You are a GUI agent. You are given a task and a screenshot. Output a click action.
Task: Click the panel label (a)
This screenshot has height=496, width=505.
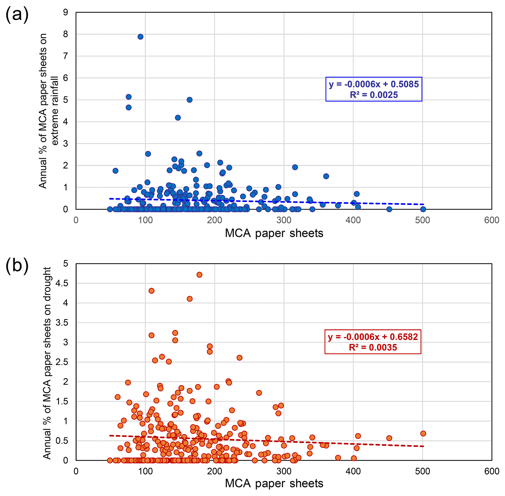tap(17, 15)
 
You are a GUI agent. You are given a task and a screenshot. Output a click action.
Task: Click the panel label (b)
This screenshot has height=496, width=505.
tap(17, 266)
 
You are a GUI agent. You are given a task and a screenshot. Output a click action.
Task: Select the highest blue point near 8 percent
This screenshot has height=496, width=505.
tap(140, 37)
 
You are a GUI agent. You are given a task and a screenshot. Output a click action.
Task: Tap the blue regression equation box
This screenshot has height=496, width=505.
tap(374, 89)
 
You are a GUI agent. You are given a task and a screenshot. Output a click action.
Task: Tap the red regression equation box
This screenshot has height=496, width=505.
tap(373, 342)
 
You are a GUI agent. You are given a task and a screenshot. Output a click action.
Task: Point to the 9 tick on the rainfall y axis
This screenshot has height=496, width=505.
tap(65, 12)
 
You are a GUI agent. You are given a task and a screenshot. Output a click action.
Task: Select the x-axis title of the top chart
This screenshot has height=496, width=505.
tap(274, 233)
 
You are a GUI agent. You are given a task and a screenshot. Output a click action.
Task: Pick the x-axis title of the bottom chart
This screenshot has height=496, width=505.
tap(274, 484)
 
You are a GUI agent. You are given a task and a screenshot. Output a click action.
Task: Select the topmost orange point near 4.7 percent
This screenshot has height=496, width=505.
tap(199, 274)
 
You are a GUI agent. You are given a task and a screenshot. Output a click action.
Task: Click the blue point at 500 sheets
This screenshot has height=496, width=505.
tap(423, 209)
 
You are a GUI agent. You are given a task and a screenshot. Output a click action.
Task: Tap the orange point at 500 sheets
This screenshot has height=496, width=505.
tap(423, 434)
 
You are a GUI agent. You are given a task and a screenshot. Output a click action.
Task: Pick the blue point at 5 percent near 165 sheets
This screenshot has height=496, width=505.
tap(190, 100)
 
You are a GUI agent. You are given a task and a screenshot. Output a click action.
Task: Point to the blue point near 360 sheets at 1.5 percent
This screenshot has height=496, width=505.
tap(326, 176)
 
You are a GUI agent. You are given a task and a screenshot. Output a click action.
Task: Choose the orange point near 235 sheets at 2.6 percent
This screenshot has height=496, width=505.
tap(239, 358)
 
